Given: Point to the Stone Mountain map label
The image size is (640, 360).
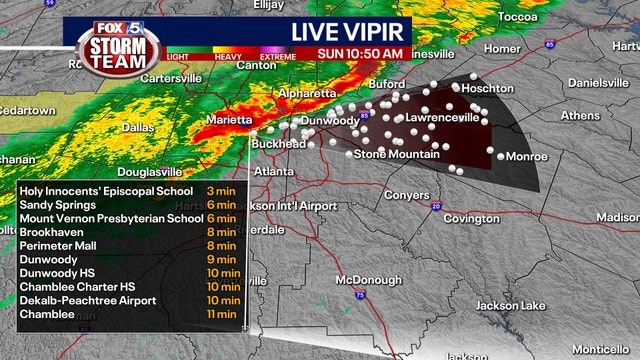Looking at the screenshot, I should click(x=398, y=154).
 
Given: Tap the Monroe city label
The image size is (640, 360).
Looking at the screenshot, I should click(x=527, y=157).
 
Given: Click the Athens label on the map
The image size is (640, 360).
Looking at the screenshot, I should click(x=580, y=116).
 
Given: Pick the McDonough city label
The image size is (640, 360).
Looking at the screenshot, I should click(x=368, y=279).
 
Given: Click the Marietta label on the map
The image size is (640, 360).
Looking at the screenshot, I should click(x=228, y=120).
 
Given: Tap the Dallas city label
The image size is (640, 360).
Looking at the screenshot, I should click(x=138, y=128).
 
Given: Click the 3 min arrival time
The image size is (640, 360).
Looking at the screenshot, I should click(x=221, y=190).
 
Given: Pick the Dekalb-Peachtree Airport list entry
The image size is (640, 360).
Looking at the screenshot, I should click(x=88, y=300).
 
